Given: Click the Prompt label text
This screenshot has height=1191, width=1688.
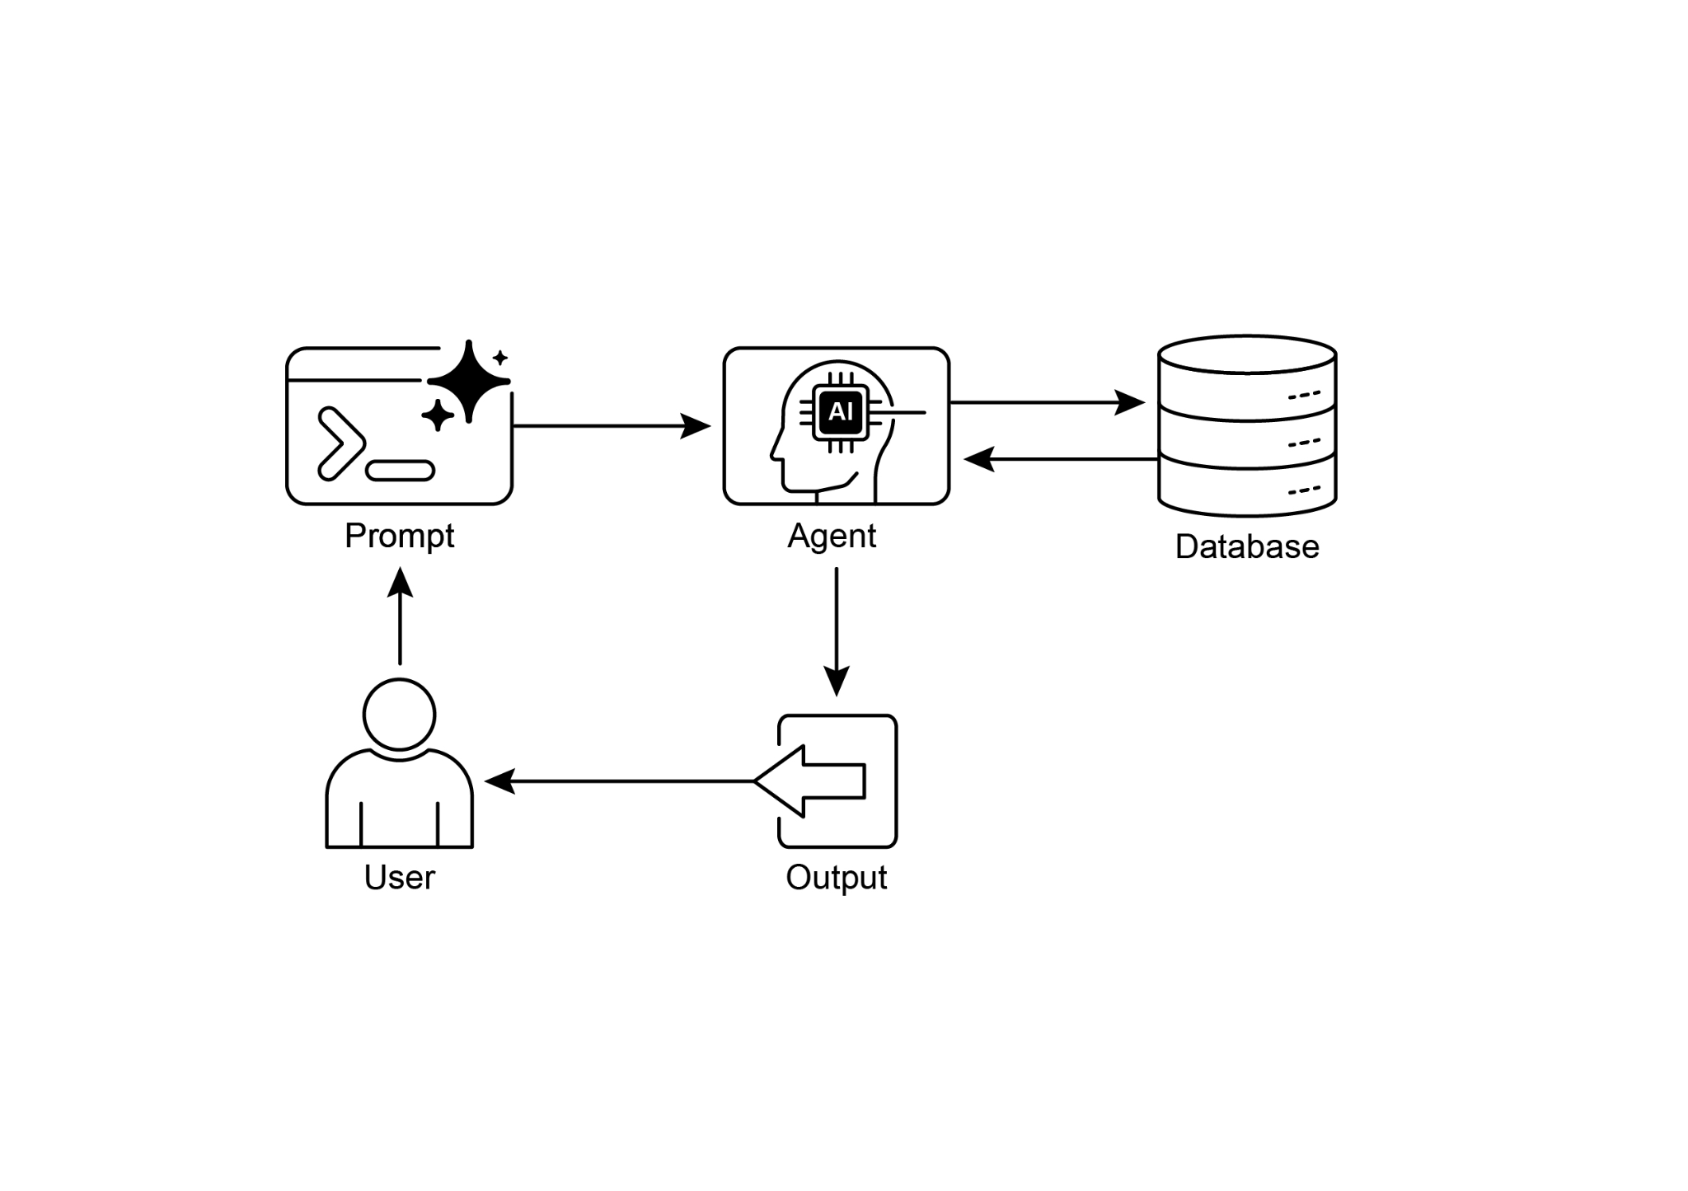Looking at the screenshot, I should tap(399, 536).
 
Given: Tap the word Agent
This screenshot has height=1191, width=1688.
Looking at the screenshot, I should tap(832, 536).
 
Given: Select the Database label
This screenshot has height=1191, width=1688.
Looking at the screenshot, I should tap(1246, 547).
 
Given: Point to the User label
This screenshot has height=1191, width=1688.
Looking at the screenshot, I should tap(399, 877).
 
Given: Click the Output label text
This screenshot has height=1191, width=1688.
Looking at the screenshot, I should tap(836, 877).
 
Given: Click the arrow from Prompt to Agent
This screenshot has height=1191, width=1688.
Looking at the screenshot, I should tap(610, 426).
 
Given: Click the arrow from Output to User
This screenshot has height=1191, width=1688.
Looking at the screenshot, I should tap(618, 781).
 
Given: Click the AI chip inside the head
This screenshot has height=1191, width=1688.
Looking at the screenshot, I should tap(840, 411).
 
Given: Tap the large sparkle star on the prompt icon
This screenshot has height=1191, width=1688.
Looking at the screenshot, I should tap(468, 381).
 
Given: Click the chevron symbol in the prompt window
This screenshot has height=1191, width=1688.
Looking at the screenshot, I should tap(338, 443).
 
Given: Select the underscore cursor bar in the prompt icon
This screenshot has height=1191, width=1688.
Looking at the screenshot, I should tap(400, 471).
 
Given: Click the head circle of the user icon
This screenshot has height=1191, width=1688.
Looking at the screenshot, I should tap(399, 715).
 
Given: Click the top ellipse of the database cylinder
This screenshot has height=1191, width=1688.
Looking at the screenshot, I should tap(1246, 354).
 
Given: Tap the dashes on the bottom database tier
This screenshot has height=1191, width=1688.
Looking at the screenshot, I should tap(1304, 490).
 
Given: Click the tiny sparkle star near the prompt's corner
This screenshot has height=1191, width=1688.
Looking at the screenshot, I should tap(499, 358).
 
